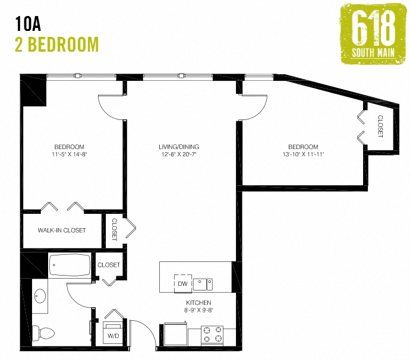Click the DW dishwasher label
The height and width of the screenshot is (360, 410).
tap(182, 284)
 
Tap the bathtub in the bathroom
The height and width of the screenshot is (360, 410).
tap(70, 265)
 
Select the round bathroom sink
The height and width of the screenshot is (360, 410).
tap(40, 295)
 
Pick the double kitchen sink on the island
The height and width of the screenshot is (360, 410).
tap(203, 284)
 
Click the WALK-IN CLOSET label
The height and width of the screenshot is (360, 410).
tap(62, 230)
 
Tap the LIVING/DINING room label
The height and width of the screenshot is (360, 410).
tap(179, 147)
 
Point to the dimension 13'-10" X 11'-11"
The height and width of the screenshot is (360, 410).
tap(303, 154)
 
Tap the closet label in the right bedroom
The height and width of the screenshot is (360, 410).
tap(380, 126)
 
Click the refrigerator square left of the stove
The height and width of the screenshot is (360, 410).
tap(175, 333)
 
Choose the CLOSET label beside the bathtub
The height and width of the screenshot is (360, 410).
tap(109, 265)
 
